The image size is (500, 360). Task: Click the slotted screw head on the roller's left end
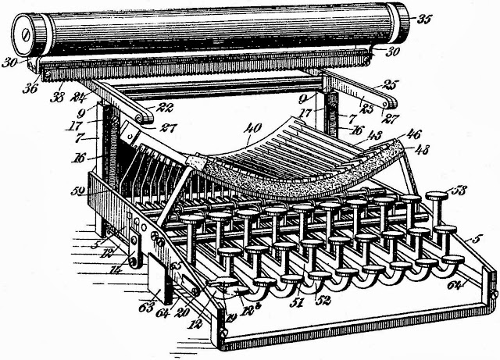(27, 34)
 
